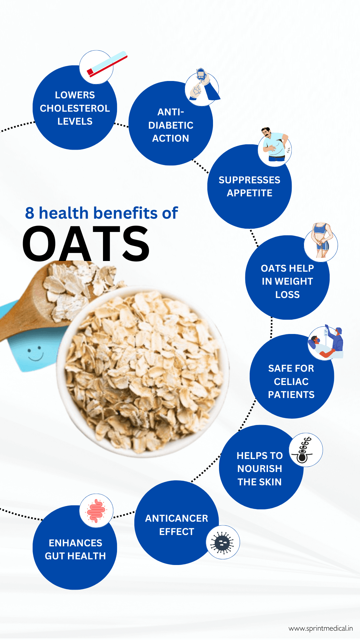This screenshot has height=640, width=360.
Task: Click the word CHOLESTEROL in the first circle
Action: point(75,108)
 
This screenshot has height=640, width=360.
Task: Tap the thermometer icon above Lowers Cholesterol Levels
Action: point(106,64)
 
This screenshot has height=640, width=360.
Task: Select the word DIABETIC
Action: point(171,125)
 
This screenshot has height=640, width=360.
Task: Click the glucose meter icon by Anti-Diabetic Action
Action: point(202,87)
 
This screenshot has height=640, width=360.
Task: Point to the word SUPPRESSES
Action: point(249,180)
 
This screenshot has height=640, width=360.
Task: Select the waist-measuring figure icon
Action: point(321,241)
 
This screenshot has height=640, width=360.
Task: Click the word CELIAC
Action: point(291,382)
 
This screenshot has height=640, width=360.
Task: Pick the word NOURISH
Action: point(260,469)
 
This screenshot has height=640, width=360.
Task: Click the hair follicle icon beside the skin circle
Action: point(305,450)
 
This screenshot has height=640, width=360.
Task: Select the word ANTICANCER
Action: point(177,518)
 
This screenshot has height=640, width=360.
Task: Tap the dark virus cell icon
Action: point(223,542)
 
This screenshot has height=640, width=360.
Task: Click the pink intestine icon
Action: point(96,511)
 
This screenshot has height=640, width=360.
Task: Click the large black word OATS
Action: point(86,244)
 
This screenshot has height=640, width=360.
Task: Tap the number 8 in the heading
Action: point(30,213)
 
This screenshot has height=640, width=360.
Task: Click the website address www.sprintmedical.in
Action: point(321,628)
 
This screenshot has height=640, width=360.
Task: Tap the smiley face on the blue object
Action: point(35,354)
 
